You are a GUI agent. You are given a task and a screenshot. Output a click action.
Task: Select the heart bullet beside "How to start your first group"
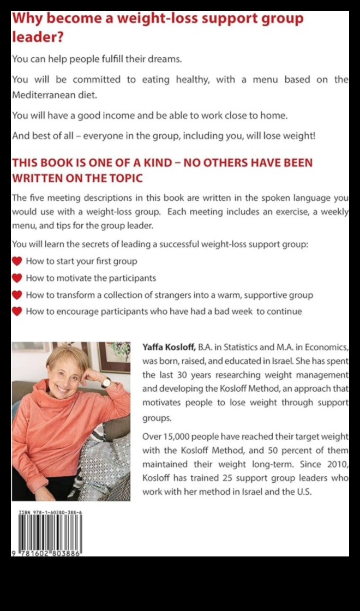tap(17, 261)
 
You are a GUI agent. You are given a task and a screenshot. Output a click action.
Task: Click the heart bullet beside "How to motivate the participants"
tap(17, 278)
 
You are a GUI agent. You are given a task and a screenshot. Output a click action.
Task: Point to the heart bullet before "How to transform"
tap(17, 295)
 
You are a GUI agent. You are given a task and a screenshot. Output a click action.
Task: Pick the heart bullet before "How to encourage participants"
tap(17, 312)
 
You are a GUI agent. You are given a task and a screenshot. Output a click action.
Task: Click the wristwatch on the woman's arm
tap(105, 382)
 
